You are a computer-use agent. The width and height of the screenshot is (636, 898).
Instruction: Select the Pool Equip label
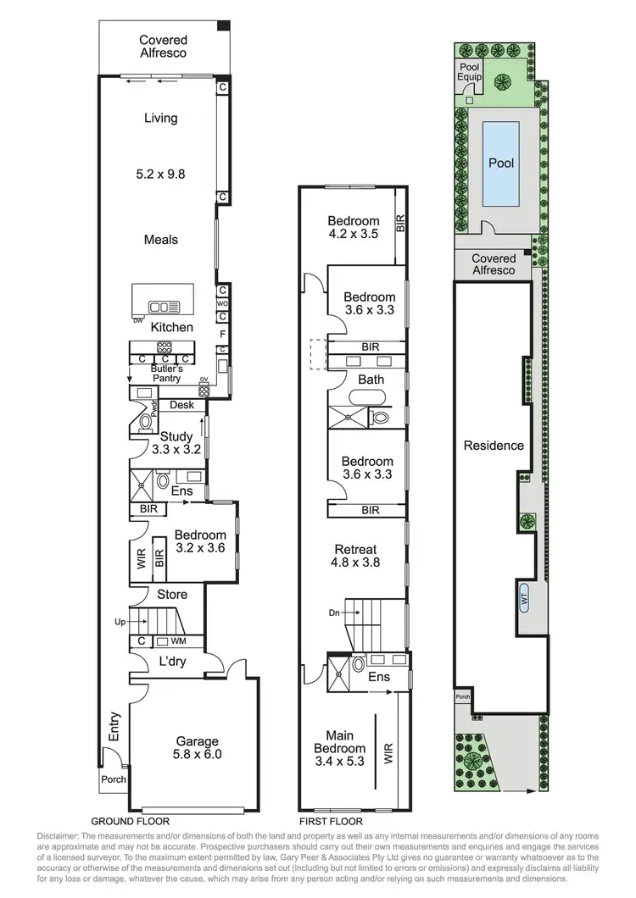(470, 71)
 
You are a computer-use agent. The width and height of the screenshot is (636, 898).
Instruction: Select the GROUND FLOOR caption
(130, 821)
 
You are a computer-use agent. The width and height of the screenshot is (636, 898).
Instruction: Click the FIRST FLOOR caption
(332, 821)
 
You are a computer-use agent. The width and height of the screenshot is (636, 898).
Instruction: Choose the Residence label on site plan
(494, 446)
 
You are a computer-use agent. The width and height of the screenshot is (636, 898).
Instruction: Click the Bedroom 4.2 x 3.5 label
(354, 228)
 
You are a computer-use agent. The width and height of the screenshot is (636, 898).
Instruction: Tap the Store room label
(171, 595)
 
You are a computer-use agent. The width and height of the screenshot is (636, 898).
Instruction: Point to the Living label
(160, 118)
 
